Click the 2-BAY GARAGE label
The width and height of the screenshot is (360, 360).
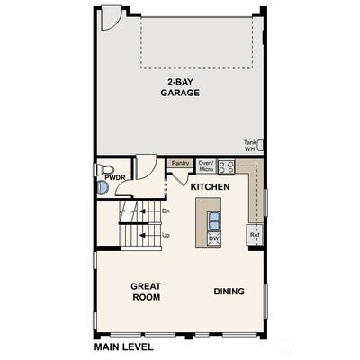[x=180, y=87]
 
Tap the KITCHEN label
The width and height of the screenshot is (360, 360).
[x=210, y=187]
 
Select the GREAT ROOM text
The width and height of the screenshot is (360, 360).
[x=146, y=292]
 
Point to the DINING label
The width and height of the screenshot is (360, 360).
[x=229, y=292]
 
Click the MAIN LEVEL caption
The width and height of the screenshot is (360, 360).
[x=124, y=347]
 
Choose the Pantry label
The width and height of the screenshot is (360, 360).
[x=181, y=163]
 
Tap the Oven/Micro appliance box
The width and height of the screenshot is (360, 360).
[x=206, y=166]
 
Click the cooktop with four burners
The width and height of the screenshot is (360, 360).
[x=226, y=166]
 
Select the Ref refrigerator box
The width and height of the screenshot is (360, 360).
[x=255, y=235]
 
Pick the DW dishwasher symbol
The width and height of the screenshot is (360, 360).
[x=214, y=238]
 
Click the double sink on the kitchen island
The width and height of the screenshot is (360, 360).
[x=214, y=221]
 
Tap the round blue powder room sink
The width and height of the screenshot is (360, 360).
[x=102, y=188]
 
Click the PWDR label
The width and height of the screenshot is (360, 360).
[x=115, y=178]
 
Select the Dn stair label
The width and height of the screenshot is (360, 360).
[x=166, y=211]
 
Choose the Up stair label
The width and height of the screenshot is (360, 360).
[x=166, y=235]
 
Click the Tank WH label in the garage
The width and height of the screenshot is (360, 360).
[x=249, y=146]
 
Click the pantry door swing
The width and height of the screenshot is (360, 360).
[x=180, y=179]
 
